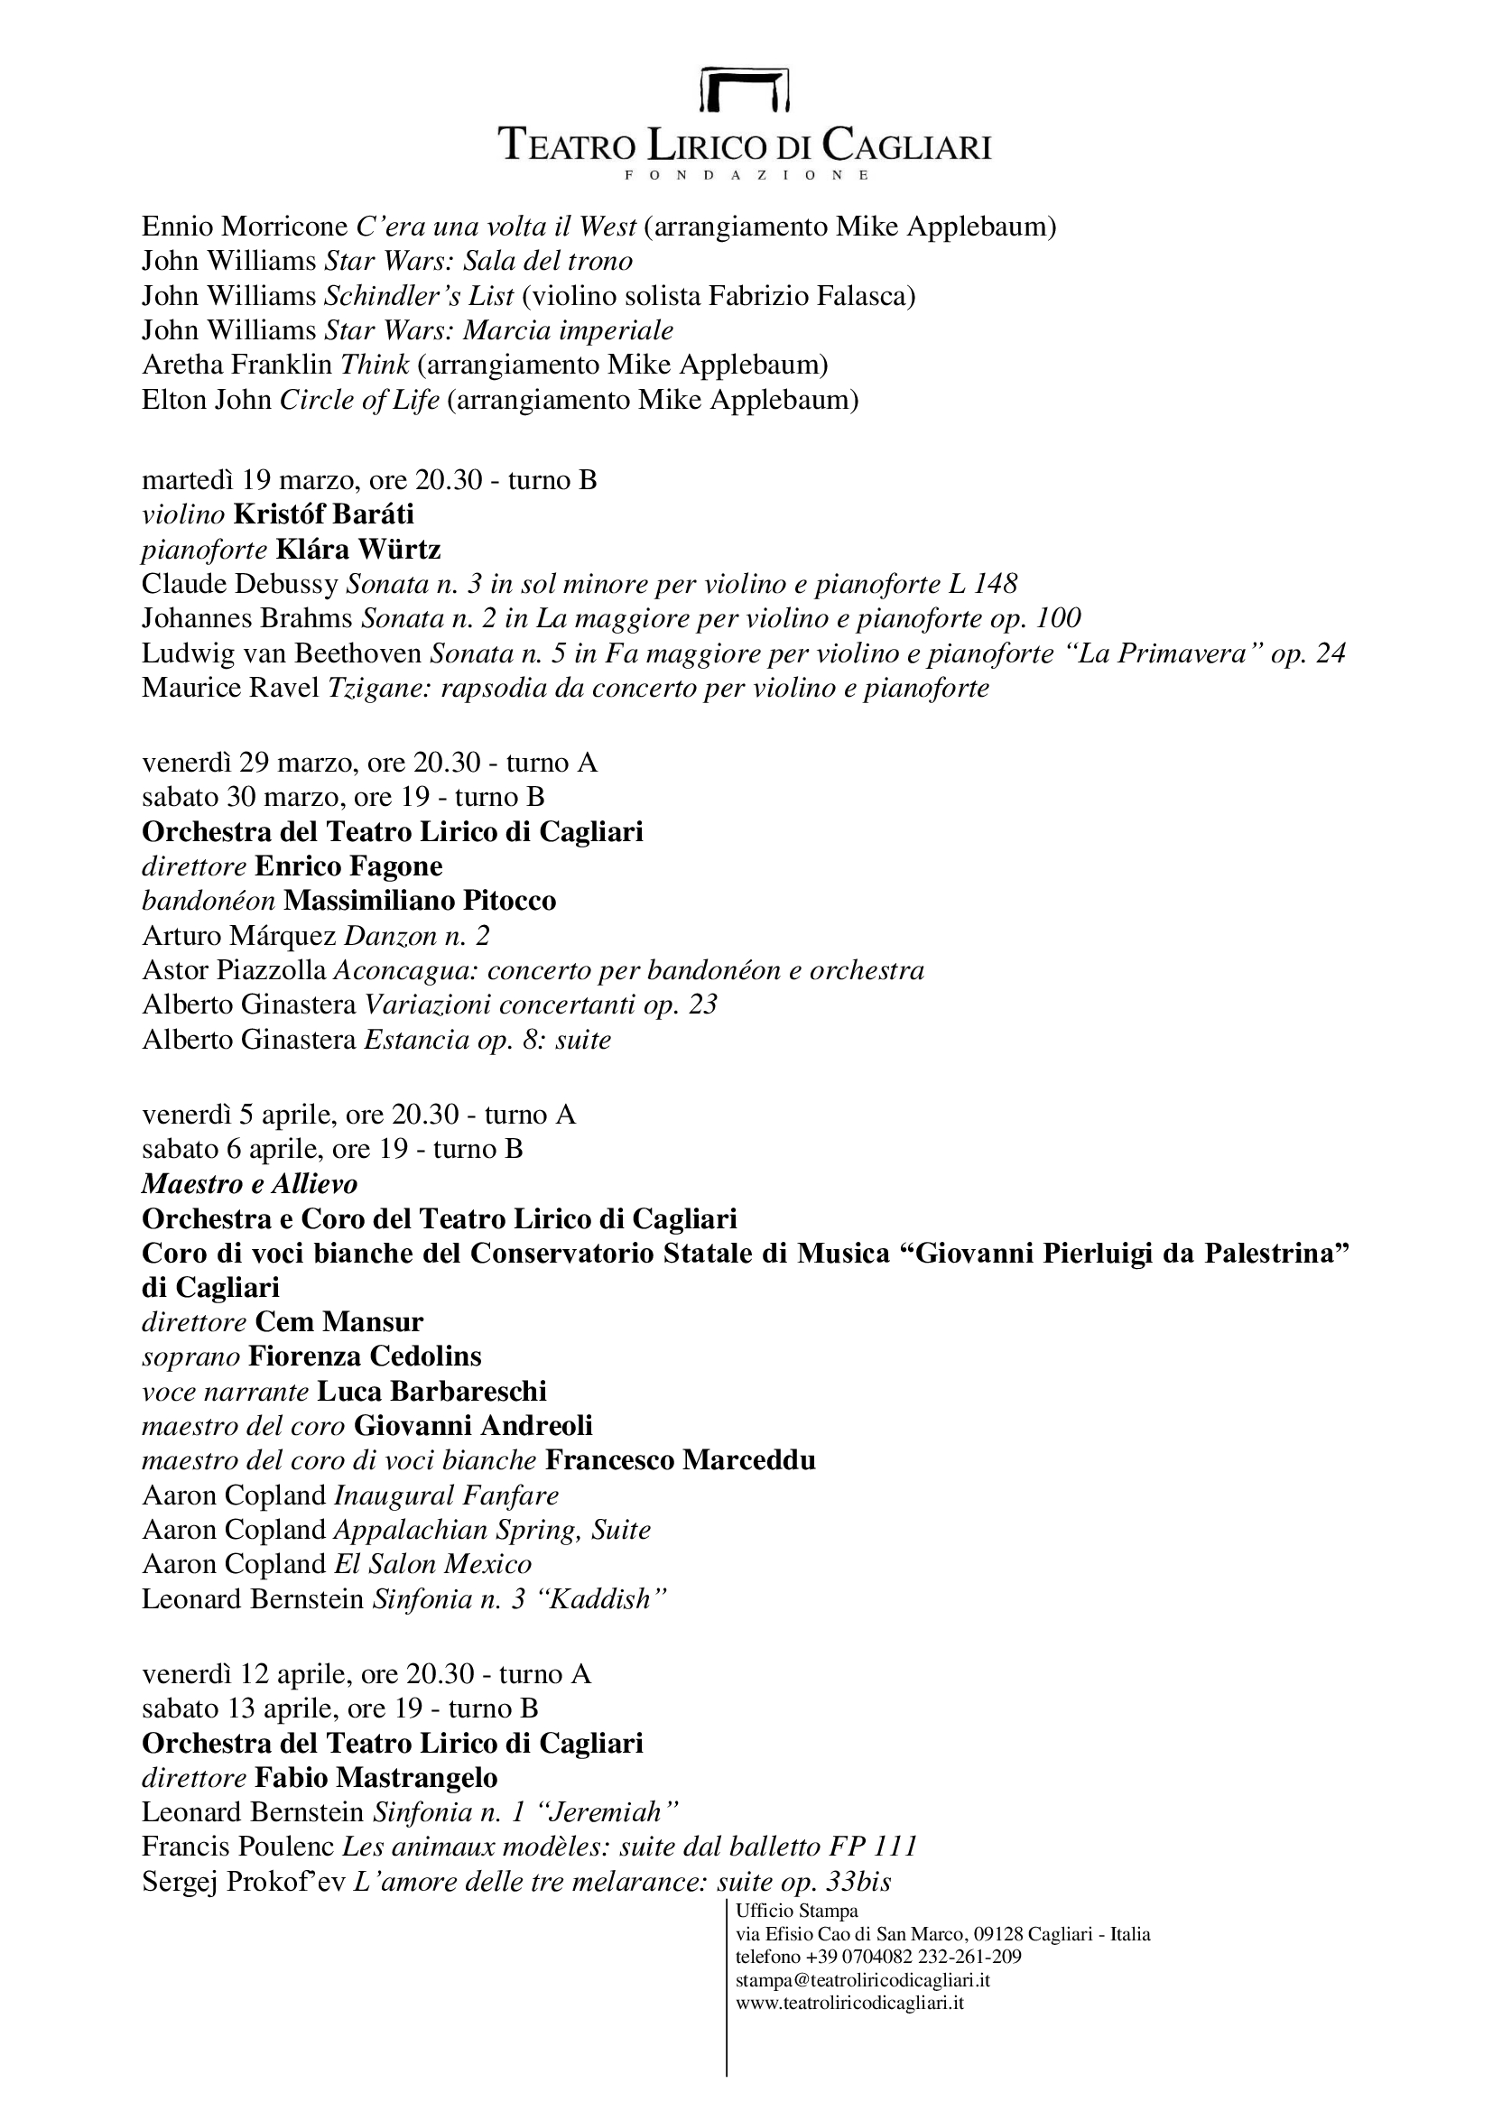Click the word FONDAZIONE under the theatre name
coord(746,175)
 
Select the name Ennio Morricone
coord(245,227)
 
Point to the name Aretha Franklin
coord(236,365)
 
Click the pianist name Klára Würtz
coord(358,549)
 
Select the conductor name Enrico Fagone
coord(348,866)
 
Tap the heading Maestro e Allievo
coord(250,1183)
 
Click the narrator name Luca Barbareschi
coord(432,1391)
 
